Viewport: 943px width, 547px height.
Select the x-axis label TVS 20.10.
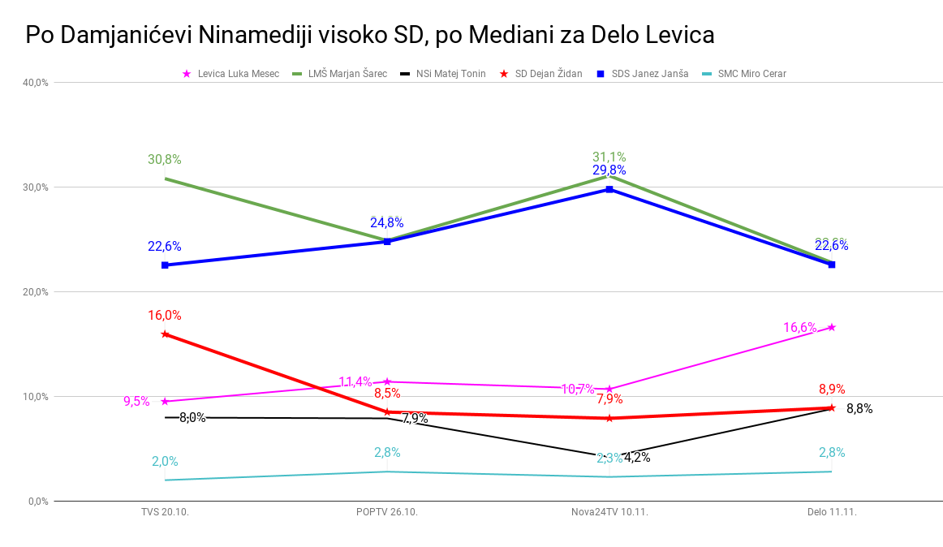coord(165,512)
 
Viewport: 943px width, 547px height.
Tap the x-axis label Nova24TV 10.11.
coord(609,512)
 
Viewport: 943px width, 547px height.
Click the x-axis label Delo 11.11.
coord(832,512)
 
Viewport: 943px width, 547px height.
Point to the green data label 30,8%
coord(164,160)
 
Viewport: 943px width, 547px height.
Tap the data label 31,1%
coord(609,157)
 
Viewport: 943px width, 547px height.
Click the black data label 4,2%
coord(637,457)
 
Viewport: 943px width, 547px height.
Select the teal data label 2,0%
coord(164,462)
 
